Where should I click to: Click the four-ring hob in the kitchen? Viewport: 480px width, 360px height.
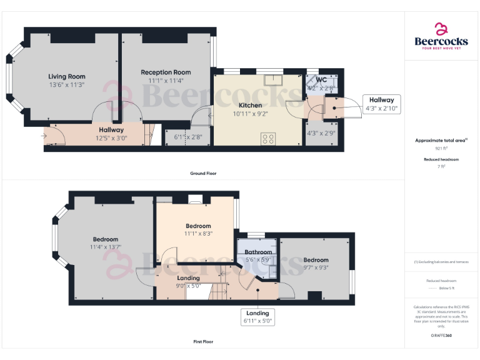tap(269, 139)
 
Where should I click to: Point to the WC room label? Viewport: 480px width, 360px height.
tap(321, 80)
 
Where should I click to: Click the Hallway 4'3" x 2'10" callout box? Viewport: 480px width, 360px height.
tap(381, 104)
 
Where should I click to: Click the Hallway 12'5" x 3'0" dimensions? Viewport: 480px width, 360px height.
tap(111, 138)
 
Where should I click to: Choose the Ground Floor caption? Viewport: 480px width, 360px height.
tap(203, 173)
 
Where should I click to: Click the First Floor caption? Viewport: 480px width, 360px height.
tap(203, 342)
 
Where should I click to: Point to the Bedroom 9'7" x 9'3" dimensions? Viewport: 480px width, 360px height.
tap(316, 267)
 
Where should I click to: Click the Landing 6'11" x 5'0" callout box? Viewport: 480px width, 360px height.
tap(257, 317)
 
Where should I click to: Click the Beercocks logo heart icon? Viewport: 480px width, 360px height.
tap(441, 29)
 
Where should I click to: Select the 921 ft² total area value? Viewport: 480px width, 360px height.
tap(441, 149)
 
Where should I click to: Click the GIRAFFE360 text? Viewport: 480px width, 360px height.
tap(441, 336)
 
